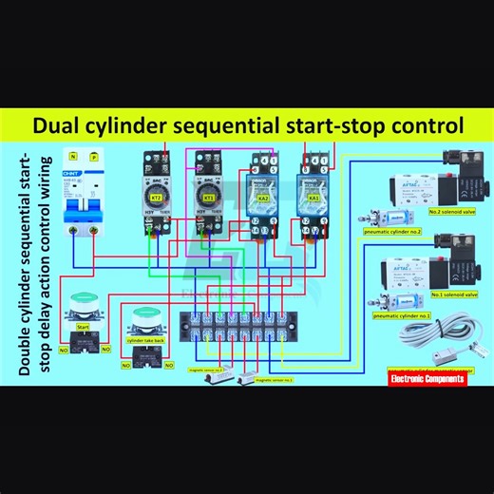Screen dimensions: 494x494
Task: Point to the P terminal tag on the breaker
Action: [93, 155]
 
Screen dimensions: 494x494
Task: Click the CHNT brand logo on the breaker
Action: [70, 173]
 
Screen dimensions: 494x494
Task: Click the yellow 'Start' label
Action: [83, 326]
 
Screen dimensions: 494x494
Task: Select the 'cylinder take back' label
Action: [145, 338]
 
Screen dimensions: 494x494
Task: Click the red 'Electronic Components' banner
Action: [427, 377]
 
